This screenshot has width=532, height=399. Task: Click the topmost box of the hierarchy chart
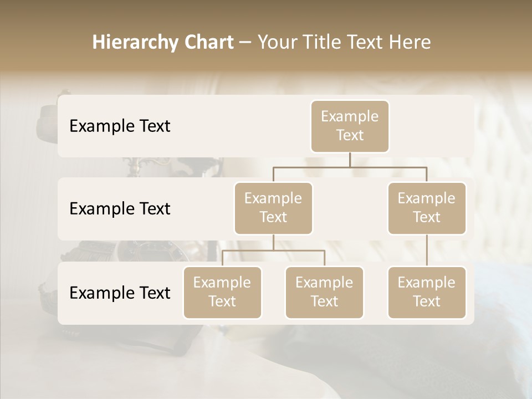[x=350, y=126]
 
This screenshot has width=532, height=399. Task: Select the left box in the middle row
[x=273, y=208]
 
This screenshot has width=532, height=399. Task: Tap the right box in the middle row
[x=427, y=208]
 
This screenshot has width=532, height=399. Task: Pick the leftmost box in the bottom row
[x=222, y=292]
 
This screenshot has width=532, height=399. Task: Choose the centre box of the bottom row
[x=324, y=292]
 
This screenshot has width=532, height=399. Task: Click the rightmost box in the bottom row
[x=427, y=292]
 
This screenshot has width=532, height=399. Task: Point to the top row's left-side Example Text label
[x=120, y=126]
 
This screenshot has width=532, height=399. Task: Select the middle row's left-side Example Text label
[x=120, y=209]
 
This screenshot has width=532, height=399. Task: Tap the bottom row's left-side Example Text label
[x=120, y=293]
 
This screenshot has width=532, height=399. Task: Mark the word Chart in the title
[x=209, y=42]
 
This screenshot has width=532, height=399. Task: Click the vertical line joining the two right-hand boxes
[x=427, y=250]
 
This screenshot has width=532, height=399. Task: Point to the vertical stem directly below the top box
[x=350, y=160]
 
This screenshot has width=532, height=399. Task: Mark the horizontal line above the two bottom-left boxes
[x=273, y=250]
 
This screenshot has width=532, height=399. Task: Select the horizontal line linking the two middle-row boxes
[x=350, y=167]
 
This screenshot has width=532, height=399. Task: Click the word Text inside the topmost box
[x=350, y=135]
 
